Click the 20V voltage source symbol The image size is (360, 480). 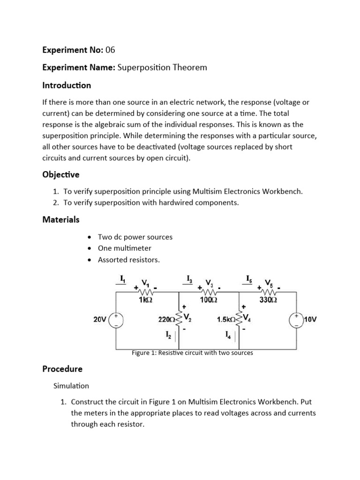pyautogui.click(x=116, y=320)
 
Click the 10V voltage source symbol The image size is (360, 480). pyautogui.click(x=296, y=320)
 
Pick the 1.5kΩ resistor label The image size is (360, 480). pyautogui.click(x=227, y=320)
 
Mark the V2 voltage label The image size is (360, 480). pyautogui.click(x=187, y=317)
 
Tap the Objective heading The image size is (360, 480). pyautogui.click(x=61, y=174)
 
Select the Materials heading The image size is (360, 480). pyautogui.click(x=61, y=219)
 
